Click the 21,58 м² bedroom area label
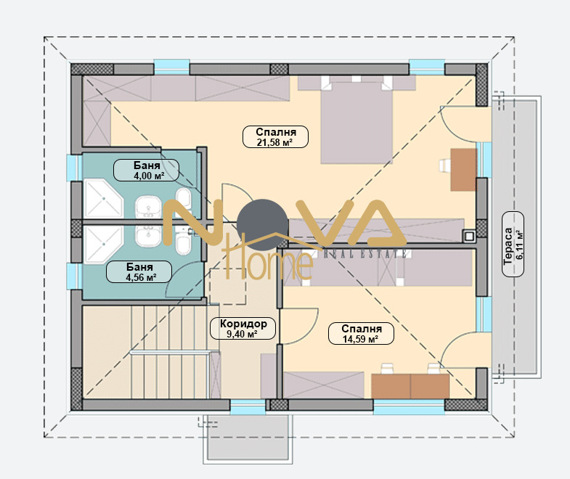pos(275,136)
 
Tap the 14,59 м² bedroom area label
pos(361,333)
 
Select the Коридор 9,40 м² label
pos(243,329)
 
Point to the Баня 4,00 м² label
pos(147,170)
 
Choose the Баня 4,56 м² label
pos(139,271)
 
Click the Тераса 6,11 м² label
pos(513,245)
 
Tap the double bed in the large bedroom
pos(357,123)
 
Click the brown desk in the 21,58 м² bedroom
pos(463,169)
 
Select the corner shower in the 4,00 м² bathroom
pos(103,198)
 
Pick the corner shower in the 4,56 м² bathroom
pos(103,245)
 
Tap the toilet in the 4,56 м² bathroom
pos(183,245)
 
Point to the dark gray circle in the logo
pos(262,225)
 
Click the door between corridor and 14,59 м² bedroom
pos(298,326)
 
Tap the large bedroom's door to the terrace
pos(459,123)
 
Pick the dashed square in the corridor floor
pos(228,286)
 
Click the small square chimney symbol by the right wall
pos(469,236)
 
